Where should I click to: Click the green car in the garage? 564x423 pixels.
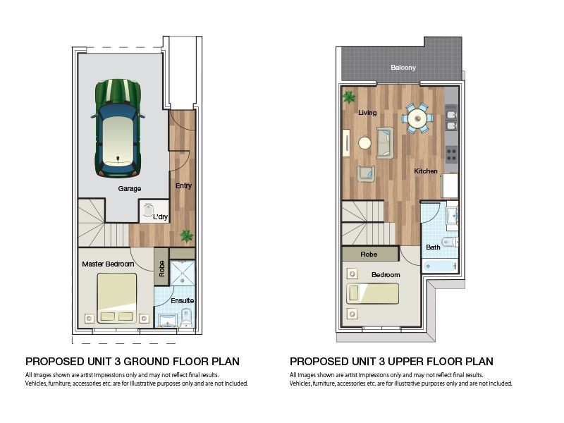tap(118, 128)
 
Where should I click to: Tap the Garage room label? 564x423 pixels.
tap(130, 188)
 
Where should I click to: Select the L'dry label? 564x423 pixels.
tap(161, 217)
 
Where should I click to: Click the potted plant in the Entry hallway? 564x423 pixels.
tap(187, 236)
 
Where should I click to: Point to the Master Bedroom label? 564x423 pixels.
tap(108, 264)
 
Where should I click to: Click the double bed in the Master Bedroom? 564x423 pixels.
tap(117, 298)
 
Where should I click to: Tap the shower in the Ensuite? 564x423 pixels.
tap(183, 273)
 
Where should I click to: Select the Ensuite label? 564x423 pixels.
tap(183, 301)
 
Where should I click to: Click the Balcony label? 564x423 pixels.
tap(403, 68)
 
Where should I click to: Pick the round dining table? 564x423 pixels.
tap(417, 118)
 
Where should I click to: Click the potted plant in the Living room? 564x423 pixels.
tap(348, 97)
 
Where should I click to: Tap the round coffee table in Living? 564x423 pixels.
tap(364, 143)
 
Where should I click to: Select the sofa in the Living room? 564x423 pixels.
tap(385, 143)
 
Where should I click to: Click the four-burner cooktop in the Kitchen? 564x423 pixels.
tap(452, 154)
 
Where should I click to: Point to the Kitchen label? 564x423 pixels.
tap(426, 171)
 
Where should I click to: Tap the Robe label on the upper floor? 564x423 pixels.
tap(369, 255)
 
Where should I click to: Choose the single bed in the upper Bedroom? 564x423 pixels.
tap(373, 293)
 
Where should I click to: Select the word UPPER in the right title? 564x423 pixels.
tap(410, 362)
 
